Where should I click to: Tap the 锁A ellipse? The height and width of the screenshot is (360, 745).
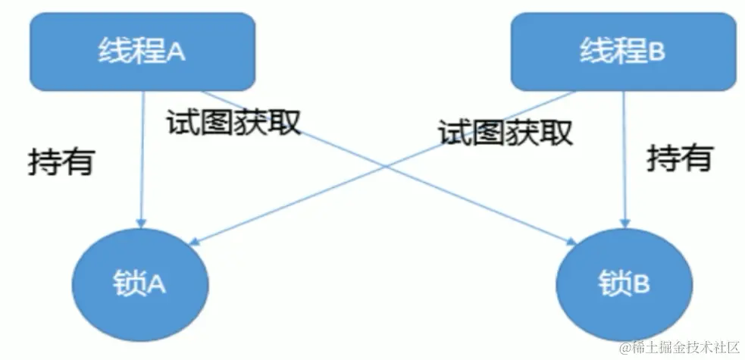[141, 283]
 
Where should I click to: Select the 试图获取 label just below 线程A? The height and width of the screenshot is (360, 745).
[233, 121]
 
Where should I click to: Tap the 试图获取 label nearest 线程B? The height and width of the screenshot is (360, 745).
[505, 133]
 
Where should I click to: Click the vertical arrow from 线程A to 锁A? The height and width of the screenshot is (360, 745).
[142, 159]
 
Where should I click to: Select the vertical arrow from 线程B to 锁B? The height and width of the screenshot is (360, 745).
[623, 159]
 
